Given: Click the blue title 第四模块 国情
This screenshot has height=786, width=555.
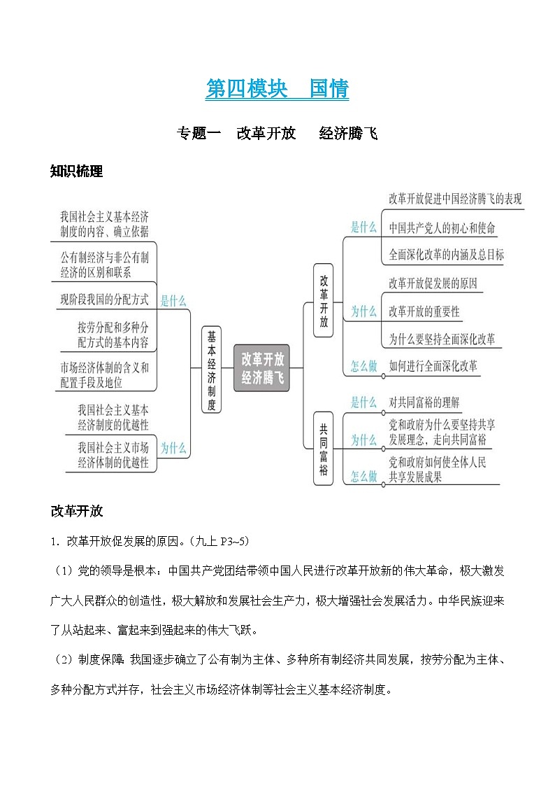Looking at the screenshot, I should pyautogui.click(x=277, y=89).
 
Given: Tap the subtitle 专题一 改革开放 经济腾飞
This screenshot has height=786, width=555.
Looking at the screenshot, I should pyautogui.click(x=277, y=133).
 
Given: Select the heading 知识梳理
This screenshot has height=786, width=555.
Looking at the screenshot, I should pyautogui.click(x=77, y=171).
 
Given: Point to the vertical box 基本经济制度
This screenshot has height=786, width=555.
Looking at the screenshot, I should pyautogui.click(x=211, y=370).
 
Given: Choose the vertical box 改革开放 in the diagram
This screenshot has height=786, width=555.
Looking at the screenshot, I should pyautogui.click(x=323, y=300).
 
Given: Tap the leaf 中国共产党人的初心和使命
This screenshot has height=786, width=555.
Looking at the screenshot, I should pyautogui.click(x=442, y=227).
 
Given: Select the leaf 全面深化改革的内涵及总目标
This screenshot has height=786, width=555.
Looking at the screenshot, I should pyautogui.click(x=446, y=254).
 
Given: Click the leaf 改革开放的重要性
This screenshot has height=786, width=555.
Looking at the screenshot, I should pyautogui.click(x=424, y=311).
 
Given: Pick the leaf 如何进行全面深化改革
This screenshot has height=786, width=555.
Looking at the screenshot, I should pyautogui.click(x=433, y=365).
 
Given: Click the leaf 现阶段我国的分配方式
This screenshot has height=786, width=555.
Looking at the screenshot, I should pyautogui.click(x=104, y=300).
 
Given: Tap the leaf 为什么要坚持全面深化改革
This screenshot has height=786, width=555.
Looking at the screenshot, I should pyautogui.click(x=442, y=339).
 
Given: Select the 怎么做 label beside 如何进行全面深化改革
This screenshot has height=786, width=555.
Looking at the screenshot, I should pyautogui.click(x=363, y=366).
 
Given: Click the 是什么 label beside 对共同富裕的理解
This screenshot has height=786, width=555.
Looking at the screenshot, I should pyautogui.click(x=363, y=402).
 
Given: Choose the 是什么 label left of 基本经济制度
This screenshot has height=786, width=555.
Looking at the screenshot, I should pyautogui.click(x=173, y=301).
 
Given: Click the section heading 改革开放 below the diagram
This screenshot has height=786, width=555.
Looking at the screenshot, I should pyautogui.click(x=77, y=511).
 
